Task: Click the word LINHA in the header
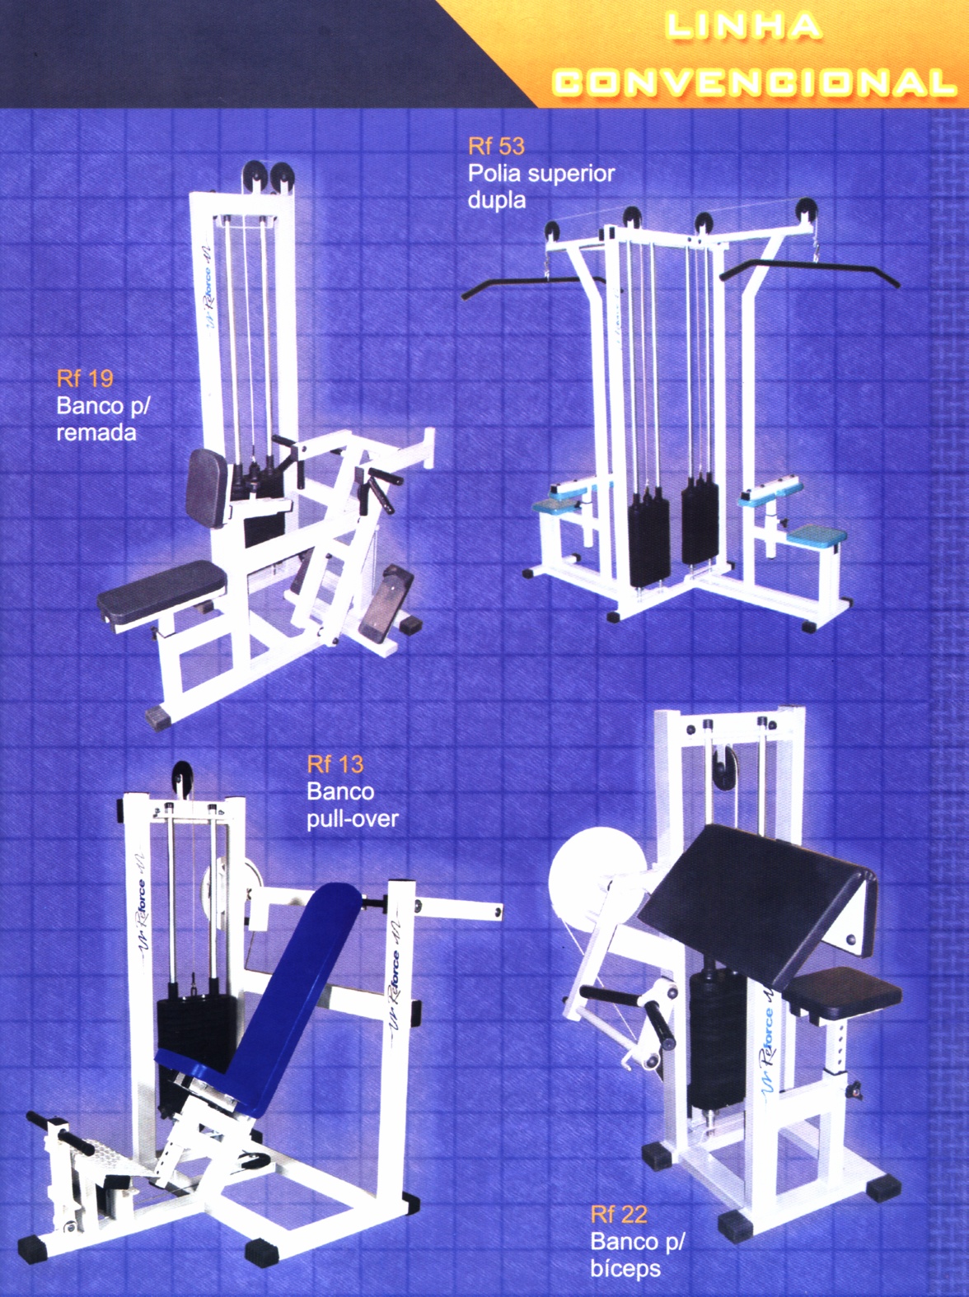click(743, 26)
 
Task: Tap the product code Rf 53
click(496, 147)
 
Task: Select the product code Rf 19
click(85, 379)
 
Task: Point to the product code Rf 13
click(335, 764)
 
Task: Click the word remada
click(96, 433)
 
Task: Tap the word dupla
click(497, 201)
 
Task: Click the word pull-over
click(353, 819)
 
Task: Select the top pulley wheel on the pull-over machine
click(182, 775)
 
